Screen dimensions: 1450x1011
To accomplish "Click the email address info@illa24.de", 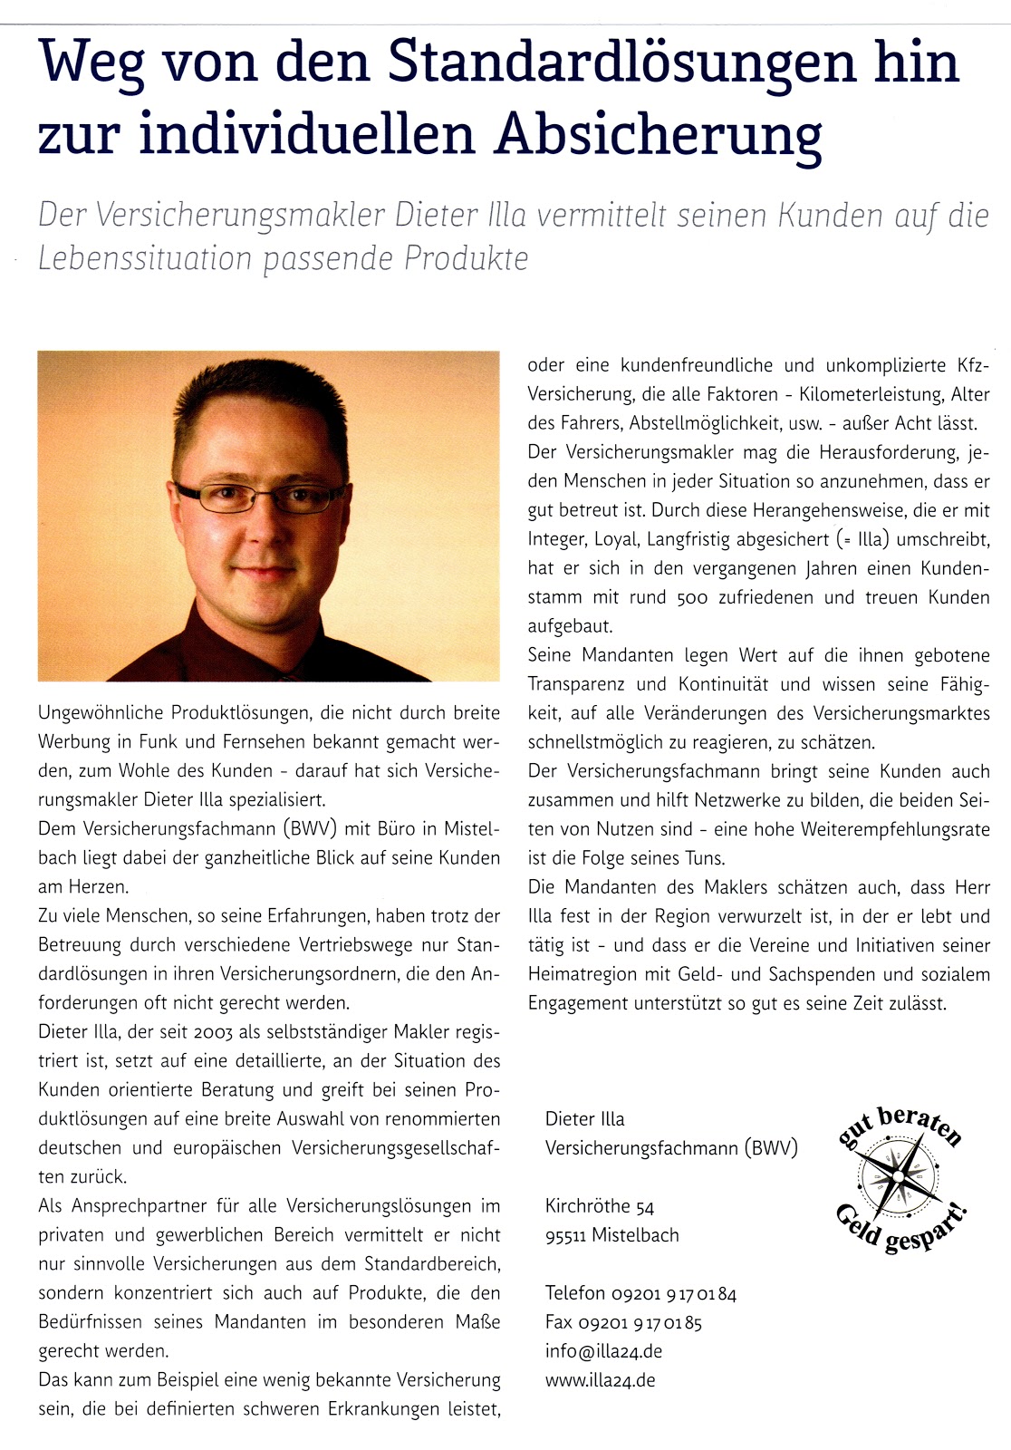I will coord(603,1351).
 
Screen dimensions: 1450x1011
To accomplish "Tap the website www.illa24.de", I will coord(600,1380).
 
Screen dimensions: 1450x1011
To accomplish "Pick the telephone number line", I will coord(640,1293).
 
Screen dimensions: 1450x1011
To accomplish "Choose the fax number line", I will coord(623,1322).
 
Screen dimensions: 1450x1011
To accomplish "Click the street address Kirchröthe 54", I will coord(599,1206).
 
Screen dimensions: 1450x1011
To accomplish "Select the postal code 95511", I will coord(564,1235).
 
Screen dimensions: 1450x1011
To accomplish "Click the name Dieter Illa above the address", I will coord(584,1119).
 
